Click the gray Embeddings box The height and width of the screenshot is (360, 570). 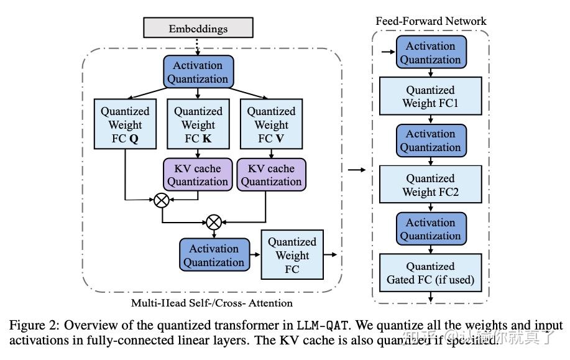tap(198, 28)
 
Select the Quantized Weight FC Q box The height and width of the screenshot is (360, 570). tap(125, 124)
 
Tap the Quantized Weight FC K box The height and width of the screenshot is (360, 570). tap(198, 124)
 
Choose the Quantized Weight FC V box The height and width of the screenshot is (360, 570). tap(271, 124)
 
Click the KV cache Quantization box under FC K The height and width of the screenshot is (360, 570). tap(198, 175)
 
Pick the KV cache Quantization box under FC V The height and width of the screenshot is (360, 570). tap(271, 175)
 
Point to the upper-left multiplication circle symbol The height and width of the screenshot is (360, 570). tap(162, 200)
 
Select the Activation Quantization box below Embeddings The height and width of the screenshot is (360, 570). tap(198, 72)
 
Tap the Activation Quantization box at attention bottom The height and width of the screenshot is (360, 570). tap(213, 256)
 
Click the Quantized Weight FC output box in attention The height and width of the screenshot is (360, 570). tap(292, 255)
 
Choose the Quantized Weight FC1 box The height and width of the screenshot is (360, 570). tap(430, 96)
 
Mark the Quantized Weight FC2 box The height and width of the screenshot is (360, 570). tap(430, 185)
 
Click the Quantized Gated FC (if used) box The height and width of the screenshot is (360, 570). tap(430, 273)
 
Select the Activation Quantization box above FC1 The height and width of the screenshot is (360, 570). tap(430, 53)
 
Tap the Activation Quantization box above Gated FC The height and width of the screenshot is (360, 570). tap(430, 229)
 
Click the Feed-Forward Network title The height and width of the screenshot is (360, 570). tap(431, 21)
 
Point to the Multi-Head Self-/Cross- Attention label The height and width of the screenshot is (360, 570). tap(211, 303)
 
